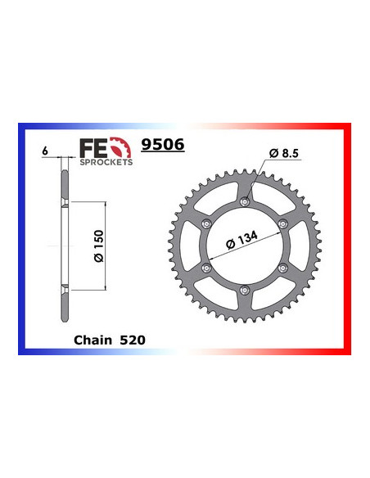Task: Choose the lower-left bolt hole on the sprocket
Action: (x=205, y=268)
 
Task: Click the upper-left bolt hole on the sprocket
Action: (x=205, y=223)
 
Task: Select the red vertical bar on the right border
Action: (x=348, y=246)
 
